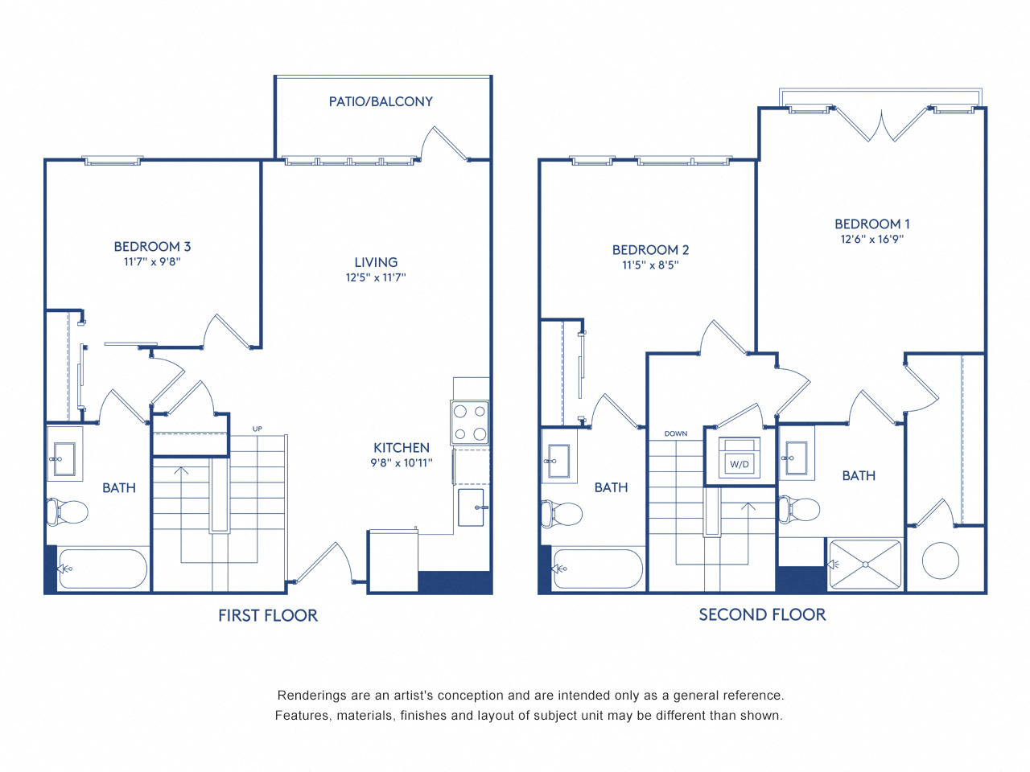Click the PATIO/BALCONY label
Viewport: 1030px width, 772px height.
click(381, 101)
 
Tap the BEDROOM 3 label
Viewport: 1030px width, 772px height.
click(152, 247)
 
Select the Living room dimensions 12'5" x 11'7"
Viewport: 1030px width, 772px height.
click(376, 277)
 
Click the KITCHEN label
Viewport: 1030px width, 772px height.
click(401, 448)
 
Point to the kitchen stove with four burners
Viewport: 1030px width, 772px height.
click(470, 422)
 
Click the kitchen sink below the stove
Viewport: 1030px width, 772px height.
click(471, 507)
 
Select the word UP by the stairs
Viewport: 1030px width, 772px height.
click(257, 429)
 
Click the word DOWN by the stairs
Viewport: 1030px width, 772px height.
click(676, 433)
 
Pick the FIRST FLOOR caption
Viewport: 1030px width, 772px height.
click(268, 615)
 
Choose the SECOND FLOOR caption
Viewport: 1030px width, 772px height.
click(762, 614)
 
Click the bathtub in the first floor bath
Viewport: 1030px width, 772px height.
click(102, 569)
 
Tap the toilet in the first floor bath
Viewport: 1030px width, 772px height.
click(68, 511)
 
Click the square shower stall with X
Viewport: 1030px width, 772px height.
click(865, 565)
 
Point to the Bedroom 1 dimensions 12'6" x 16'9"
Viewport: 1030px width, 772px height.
click(872, 239)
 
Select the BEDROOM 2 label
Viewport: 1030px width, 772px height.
click(650, 250)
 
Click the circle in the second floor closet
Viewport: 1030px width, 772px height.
click(940, 561)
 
